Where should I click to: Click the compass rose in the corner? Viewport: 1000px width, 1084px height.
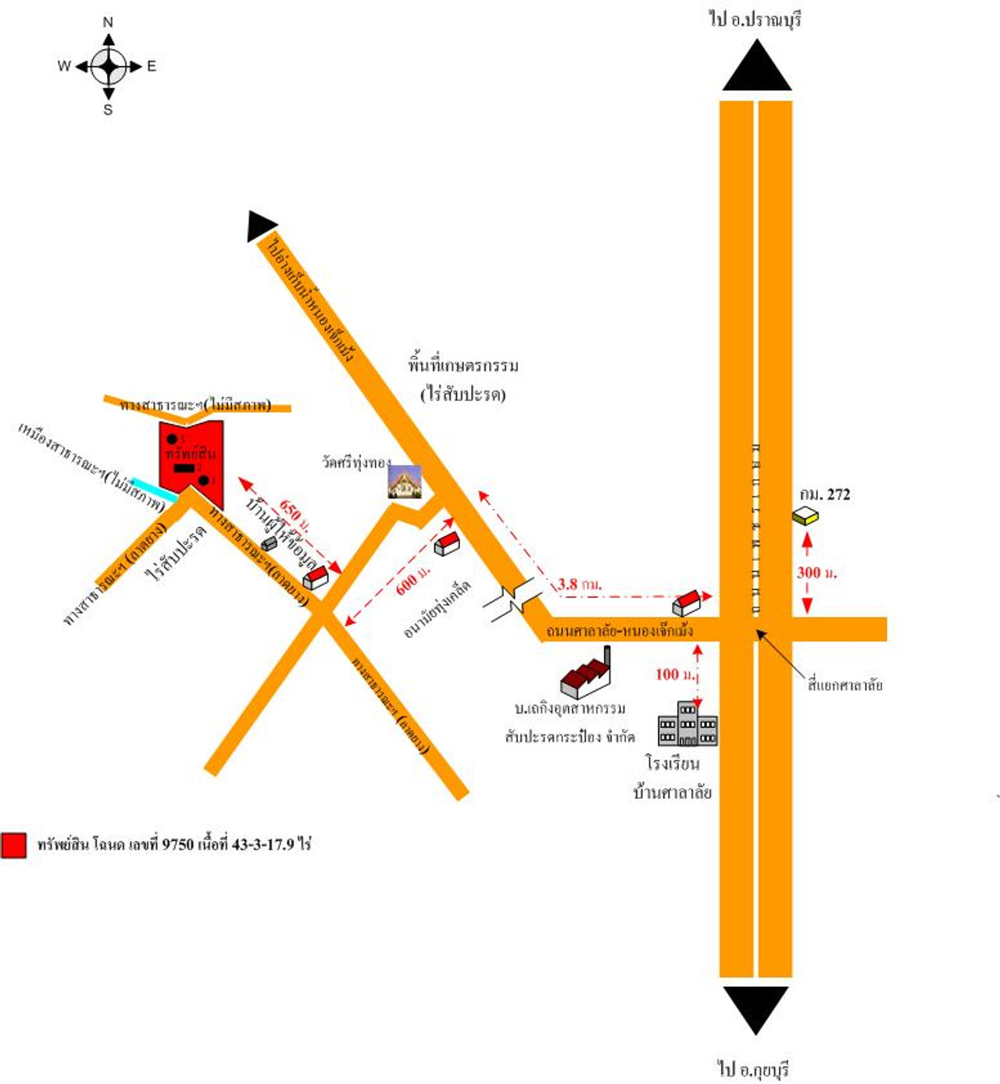108,66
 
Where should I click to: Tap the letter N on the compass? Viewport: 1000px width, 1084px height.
108,23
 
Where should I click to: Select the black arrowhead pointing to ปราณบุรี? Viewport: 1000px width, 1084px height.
756,67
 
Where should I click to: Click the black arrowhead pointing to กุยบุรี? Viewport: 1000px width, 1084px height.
755,1008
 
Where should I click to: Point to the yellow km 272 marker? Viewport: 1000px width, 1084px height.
805,516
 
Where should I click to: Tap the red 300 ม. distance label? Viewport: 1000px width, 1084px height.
816,573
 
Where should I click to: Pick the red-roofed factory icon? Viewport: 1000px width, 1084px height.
586,677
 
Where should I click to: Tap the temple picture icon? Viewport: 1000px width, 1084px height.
405,481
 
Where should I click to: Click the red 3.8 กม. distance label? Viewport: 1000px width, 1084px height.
579,585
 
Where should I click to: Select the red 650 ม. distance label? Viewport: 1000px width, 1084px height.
294,514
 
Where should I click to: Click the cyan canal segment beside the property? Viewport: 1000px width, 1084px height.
153,489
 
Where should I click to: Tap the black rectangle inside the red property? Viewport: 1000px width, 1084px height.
184,467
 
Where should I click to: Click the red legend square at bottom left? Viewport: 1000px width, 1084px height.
13,845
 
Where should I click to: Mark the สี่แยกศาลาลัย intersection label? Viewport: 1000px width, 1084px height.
845,685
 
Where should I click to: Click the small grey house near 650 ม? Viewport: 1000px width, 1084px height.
269,543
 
